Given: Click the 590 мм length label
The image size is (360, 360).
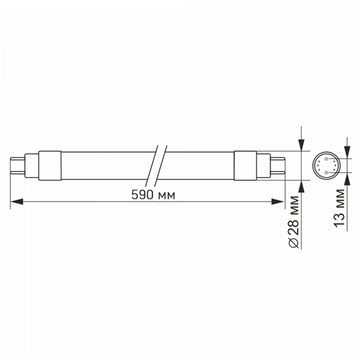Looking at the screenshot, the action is (153, 195).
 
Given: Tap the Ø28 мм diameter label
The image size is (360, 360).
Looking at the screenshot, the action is (294, 222).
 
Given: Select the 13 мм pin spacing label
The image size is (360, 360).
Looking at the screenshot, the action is (340, 208).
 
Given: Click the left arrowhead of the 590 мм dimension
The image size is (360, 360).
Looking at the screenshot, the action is (17, 202).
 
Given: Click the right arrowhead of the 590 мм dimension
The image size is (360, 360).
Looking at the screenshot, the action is (278, 202).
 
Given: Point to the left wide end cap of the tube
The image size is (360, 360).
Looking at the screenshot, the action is (50, 166).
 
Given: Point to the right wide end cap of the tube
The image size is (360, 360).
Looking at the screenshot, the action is (245, 166).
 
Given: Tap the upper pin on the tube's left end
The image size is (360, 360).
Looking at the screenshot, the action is (17, 158).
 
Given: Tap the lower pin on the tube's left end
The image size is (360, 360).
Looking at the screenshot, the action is (17, 172).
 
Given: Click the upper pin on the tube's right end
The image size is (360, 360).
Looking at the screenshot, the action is (278, 158).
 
